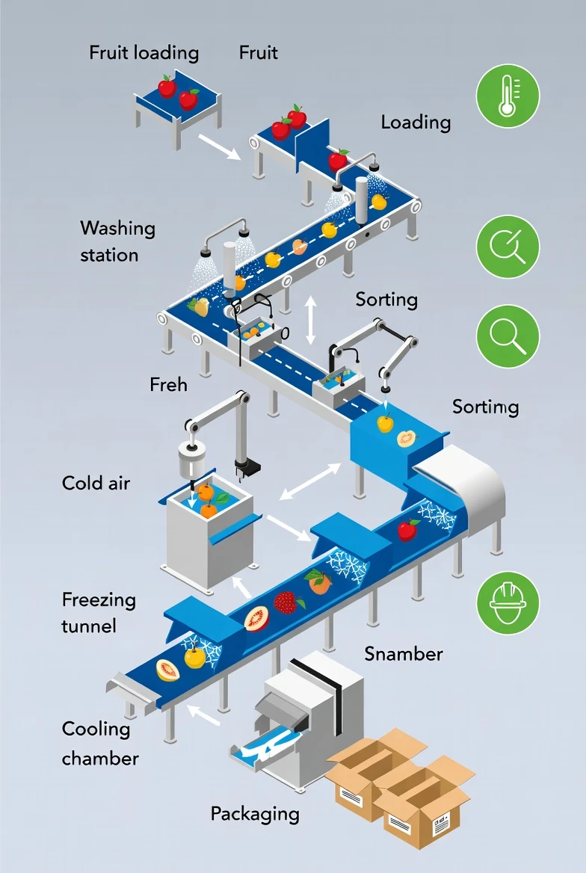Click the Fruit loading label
point(144,53)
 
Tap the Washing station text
point(117,241)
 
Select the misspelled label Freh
point(168,385)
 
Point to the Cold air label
point(96,483)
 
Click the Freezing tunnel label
point(98,612)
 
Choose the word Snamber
point(404,654)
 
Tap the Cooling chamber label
point(99,743)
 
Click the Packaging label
point(254,813)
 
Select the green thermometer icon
point(508,96)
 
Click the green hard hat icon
point(508,603)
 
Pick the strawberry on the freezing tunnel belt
point(286,602)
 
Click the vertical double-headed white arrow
point(311,319)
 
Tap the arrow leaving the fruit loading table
point(219,147)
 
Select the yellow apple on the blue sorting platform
point(385,423)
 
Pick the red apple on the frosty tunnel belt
point(407,530)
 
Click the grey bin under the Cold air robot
point(202,538)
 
